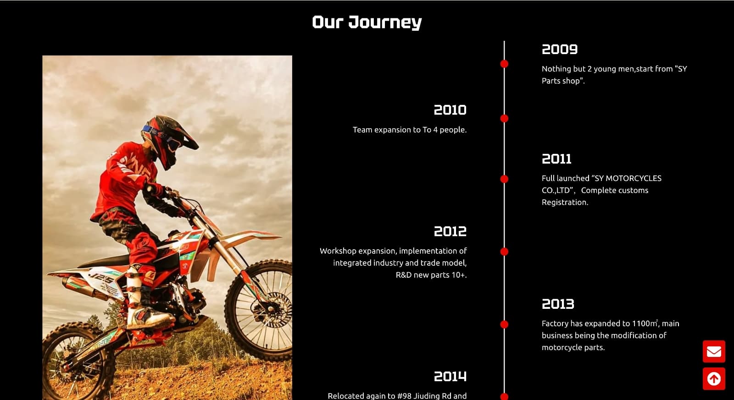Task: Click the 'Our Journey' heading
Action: click(367, 22)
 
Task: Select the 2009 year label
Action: click(559, 49)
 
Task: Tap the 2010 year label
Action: click(450, 110)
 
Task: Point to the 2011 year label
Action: click(556, 159)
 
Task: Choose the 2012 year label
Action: click(450, 231)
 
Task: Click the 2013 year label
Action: click(558, 304)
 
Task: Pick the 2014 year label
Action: click(450, 377)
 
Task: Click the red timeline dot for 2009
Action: click(504, 64)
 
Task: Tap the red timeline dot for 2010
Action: click(504, 119)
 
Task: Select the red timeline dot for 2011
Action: click(504, 179)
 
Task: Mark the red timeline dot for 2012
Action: click(504, 252)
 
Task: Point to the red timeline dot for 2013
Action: click(504, 324)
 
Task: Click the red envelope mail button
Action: click(714, 351)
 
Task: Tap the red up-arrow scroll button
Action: click(714, 379)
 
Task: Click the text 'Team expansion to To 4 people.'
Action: click(410, 130)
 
